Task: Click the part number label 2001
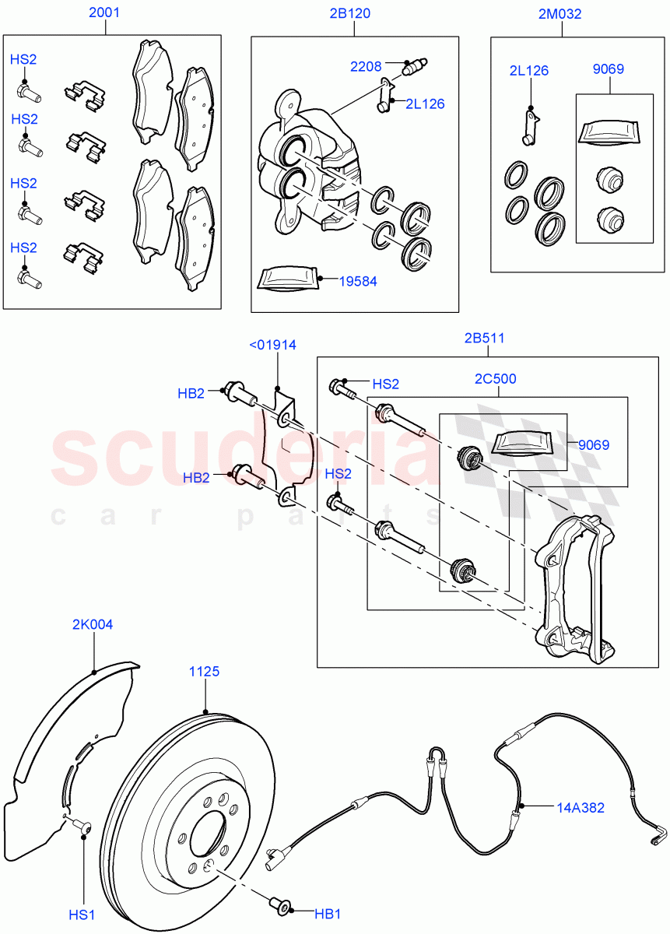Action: coord(104,13)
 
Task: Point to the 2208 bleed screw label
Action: coord(366,67)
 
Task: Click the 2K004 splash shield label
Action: coord(93,624)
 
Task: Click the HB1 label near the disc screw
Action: coord(328,913)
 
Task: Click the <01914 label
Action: coord(272,346)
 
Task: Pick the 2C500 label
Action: coord(496,379)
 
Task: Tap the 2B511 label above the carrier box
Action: coord(484,338)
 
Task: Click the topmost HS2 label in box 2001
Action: coord(23,59)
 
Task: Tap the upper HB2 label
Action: coord(191,394)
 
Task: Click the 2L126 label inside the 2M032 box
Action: coord(529,71)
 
